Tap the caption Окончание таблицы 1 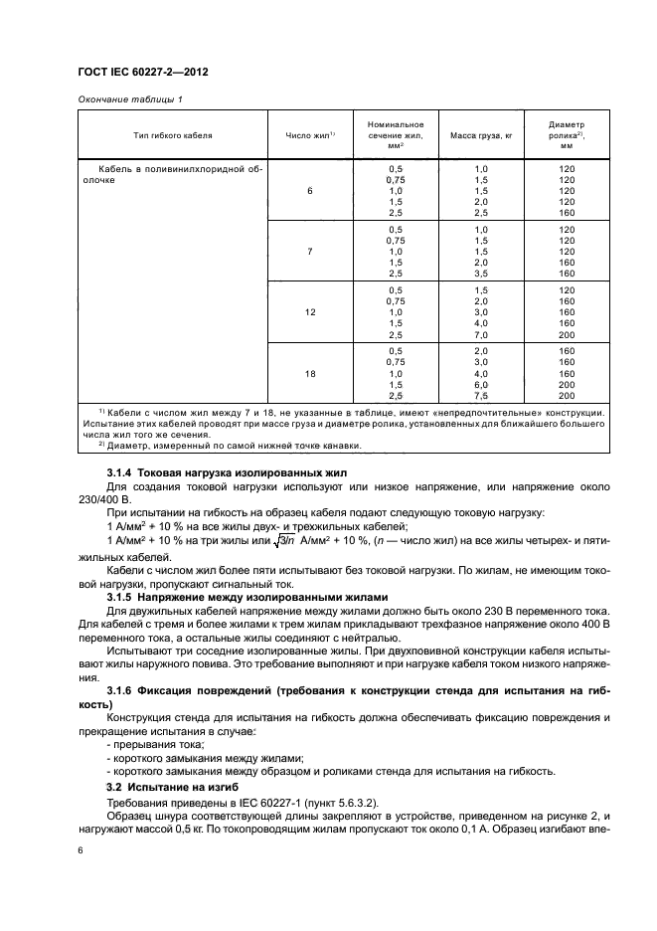[129, 98]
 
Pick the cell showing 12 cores [310, 312]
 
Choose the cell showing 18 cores [310, 374]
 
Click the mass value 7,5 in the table [481, 395]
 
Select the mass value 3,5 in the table [481, 273]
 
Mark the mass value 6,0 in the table [481, 384]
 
